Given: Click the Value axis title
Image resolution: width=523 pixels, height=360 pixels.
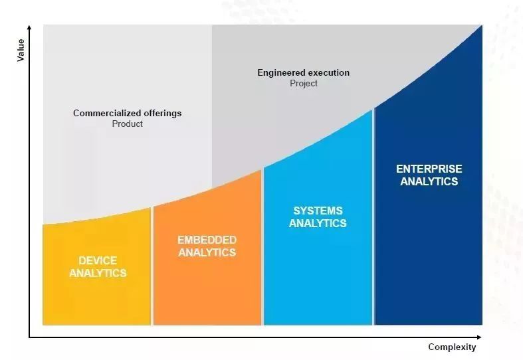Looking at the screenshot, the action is tap(21, 50).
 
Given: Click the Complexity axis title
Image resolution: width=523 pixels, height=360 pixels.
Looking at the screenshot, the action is tap(452, 347).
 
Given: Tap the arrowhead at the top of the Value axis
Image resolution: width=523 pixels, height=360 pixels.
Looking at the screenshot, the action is tap(29, 27).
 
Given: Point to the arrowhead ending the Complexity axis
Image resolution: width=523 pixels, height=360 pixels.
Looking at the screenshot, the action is tap(479, 337).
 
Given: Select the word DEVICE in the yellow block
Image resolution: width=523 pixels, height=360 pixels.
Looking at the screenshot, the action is tap(98, 260).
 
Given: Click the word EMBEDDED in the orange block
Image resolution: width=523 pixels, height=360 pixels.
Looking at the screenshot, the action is tap(207, 240).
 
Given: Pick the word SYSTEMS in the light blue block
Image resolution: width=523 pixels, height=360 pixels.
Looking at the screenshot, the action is tap(318, 211).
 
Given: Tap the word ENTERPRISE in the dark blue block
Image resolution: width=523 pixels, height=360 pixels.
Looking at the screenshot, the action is tap(429, 169).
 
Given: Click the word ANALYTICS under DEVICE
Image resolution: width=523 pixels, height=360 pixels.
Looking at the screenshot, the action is tap(98, 273).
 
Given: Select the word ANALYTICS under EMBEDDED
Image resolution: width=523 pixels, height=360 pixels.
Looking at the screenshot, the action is tap(207, 252).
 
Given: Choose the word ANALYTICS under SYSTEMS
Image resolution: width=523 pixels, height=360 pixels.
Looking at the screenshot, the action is tap(318, 223).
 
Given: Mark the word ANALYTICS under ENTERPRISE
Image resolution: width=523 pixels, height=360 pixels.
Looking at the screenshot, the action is tap(429, 181).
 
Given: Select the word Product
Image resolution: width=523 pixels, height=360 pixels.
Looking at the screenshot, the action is tap(128, 124).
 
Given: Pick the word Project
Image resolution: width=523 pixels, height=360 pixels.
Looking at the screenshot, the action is tap(304, 83).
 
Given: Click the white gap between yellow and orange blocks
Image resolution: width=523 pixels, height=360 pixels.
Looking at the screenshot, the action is tap(152, 266).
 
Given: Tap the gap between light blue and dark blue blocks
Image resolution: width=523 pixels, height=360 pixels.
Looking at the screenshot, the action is tap(373, 217).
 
